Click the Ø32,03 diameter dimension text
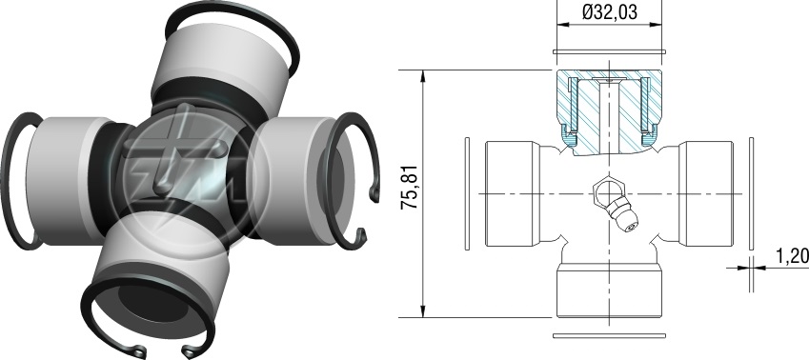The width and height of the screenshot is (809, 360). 609,11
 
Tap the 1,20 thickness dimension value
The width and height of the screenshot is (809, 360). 792,256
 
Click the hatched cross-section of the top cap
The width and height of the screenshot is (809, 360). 609,111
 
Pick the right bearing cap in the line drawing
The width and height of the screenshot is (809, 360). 706,193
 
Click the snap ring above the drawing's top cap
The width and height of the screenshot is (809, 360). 609,51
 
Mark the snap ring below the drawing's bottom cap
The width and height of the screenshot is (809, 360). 609,336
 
